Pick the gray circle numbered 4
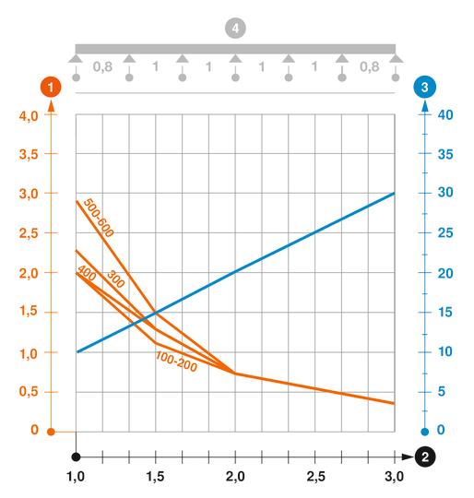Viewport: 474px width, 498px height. [x=236, y=30]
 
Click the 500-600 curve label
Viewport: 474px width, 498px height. [x=98, y=219]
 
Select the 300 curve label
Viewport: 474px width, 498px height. [x=115, y=279]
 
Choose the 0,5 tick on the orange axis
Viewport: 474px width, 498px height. [x=29, y=392]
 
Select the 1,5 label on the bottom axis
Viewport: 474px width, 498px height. [x=156, y=477]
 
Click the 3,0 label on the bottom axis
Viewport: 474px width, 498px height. [x=394, y=477]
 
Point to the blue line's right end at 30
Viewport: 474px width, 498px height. [x=394, y=194]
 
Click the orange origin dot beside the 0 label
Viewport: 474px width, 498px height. [x=52, y=431]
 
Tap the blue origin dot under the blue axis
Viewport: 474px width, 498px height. [x=424, y=431]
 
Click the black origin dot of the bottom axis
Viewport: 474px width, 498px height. [x=77, y=456]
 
